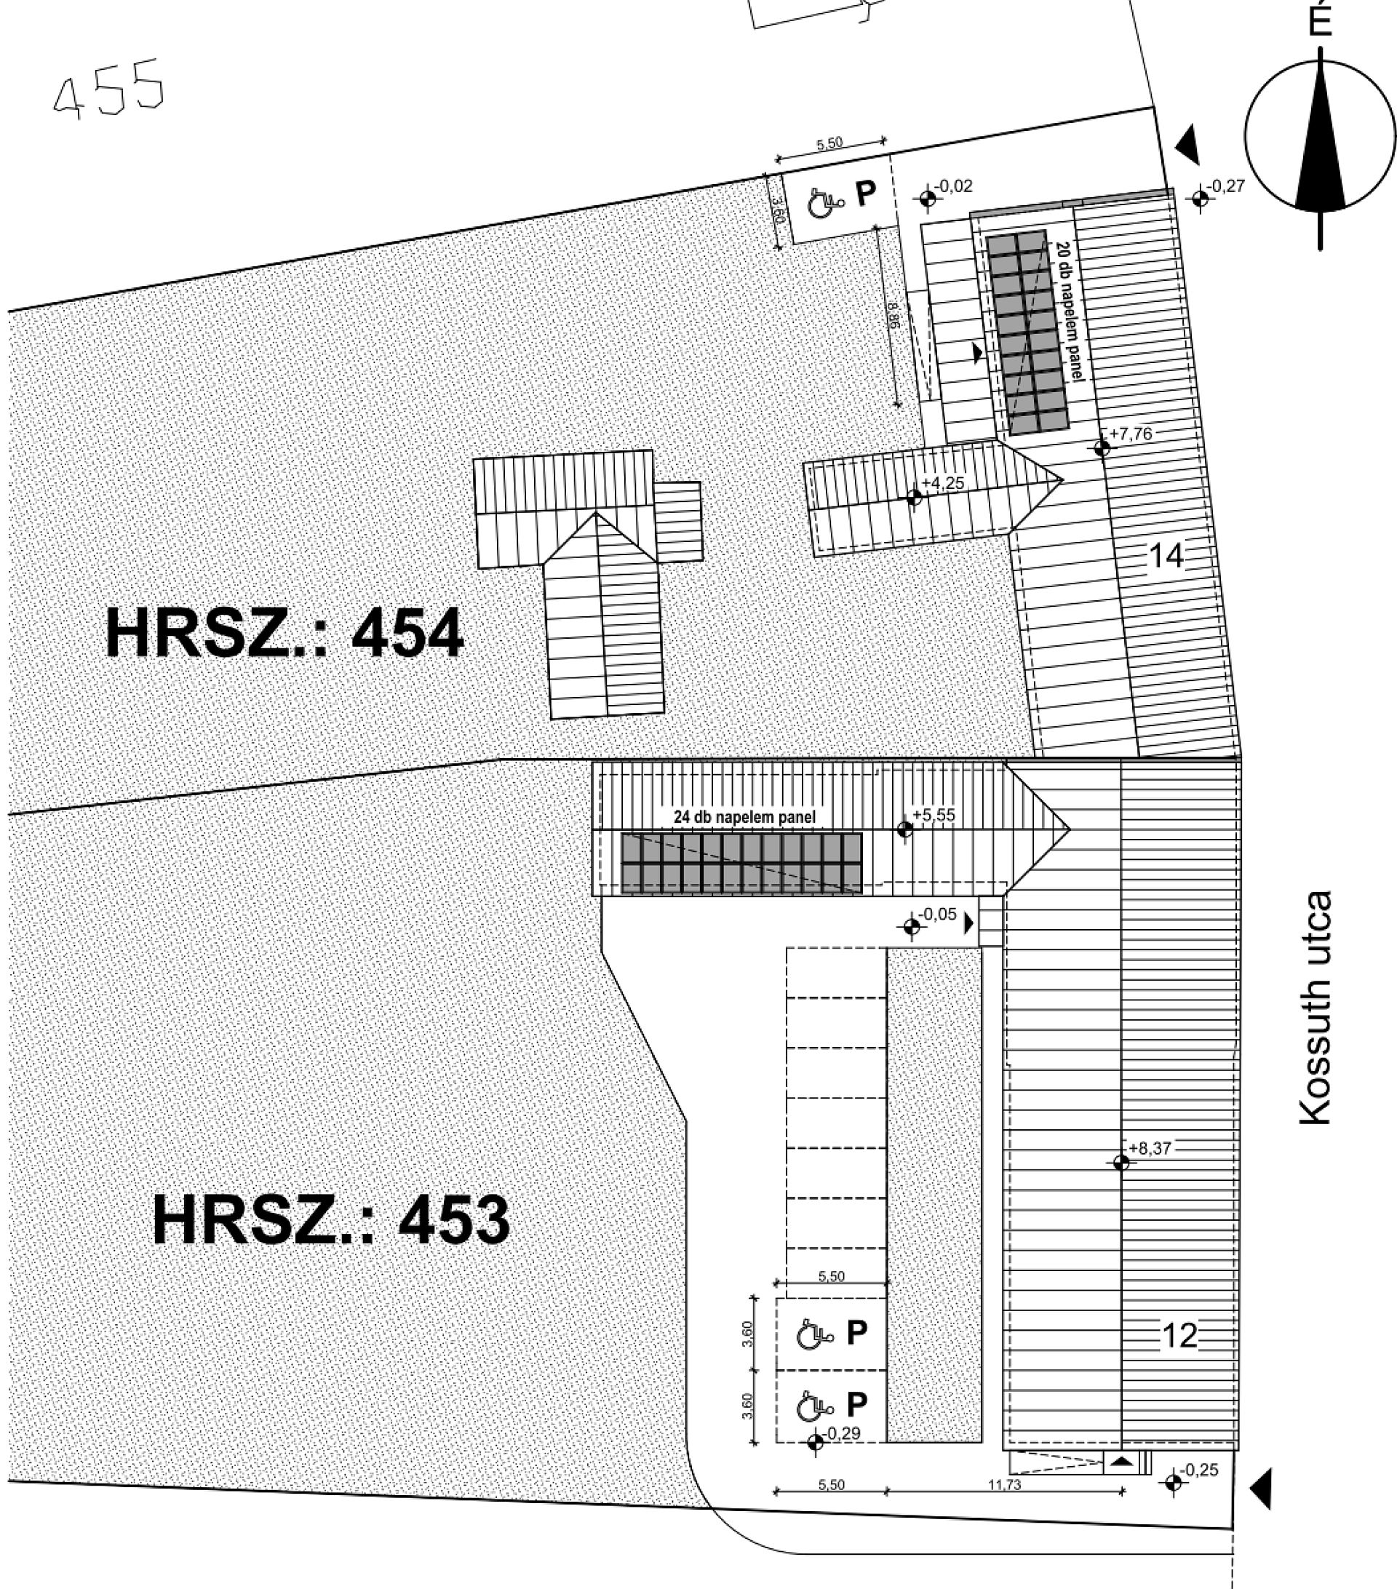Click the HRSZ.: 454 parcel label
tap(284, 634)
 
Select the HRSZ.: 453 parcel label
tap(331, 1219)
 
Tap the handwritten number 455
tap(110, 89)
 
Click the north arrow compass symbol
tap(1320, 136)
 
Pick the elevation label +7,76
tap(1131, 434)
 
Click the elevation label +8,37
tap(1150, 1148)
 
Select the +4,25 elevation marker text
tap(942, 483)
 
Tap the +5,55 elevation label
tap(933, 815)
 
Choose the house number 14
tap(1166, 556)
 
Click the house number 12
tap(1179, 1336)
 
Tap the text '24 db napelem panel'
tap(745, 817)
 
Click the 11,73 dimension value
tap(1004, 1485)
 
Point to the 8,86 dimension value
tap(892, 315)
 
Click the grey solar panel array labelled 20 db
tap(1029, 332)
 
